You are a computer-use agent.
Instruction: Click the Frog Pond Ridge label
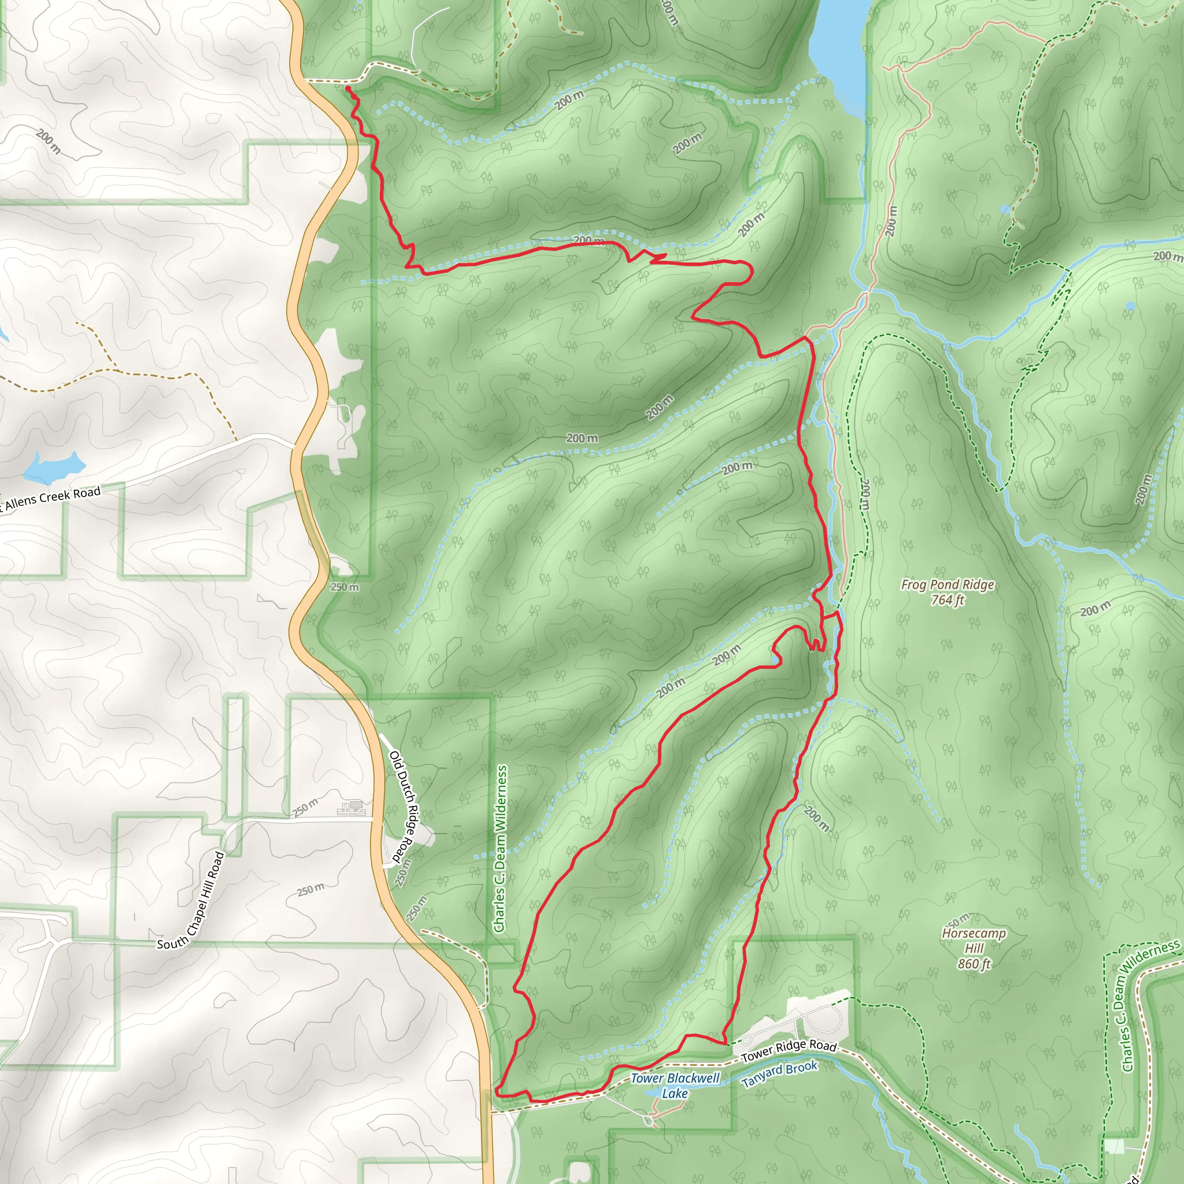coord(947,584)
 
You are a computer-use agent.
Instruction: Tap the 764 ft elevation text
coord(947,600)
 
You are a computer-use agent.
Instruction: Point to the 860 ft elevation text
coord(974,964)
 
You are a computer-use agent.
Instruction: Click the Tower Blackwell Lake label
coord(675,1085)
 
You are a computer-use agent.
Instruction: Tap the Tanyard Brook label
coord(779,1074)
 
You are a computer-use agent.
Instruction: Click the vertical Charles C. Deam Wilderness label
coord(501,849)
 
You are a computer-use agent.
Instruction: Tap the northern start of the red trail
coord(348,89)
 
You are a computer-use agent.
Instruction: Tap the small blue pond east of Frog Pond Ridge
coord(1130,305)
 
